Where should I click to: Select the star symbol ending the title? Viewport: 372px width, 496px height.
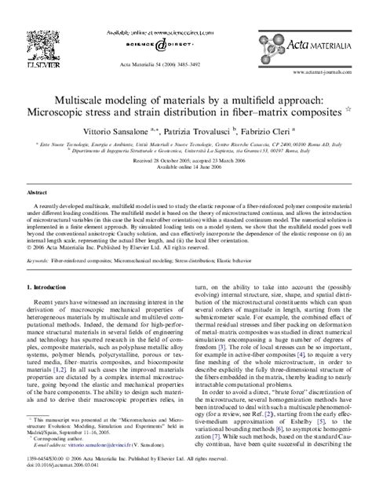click(x=347, y=111)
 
